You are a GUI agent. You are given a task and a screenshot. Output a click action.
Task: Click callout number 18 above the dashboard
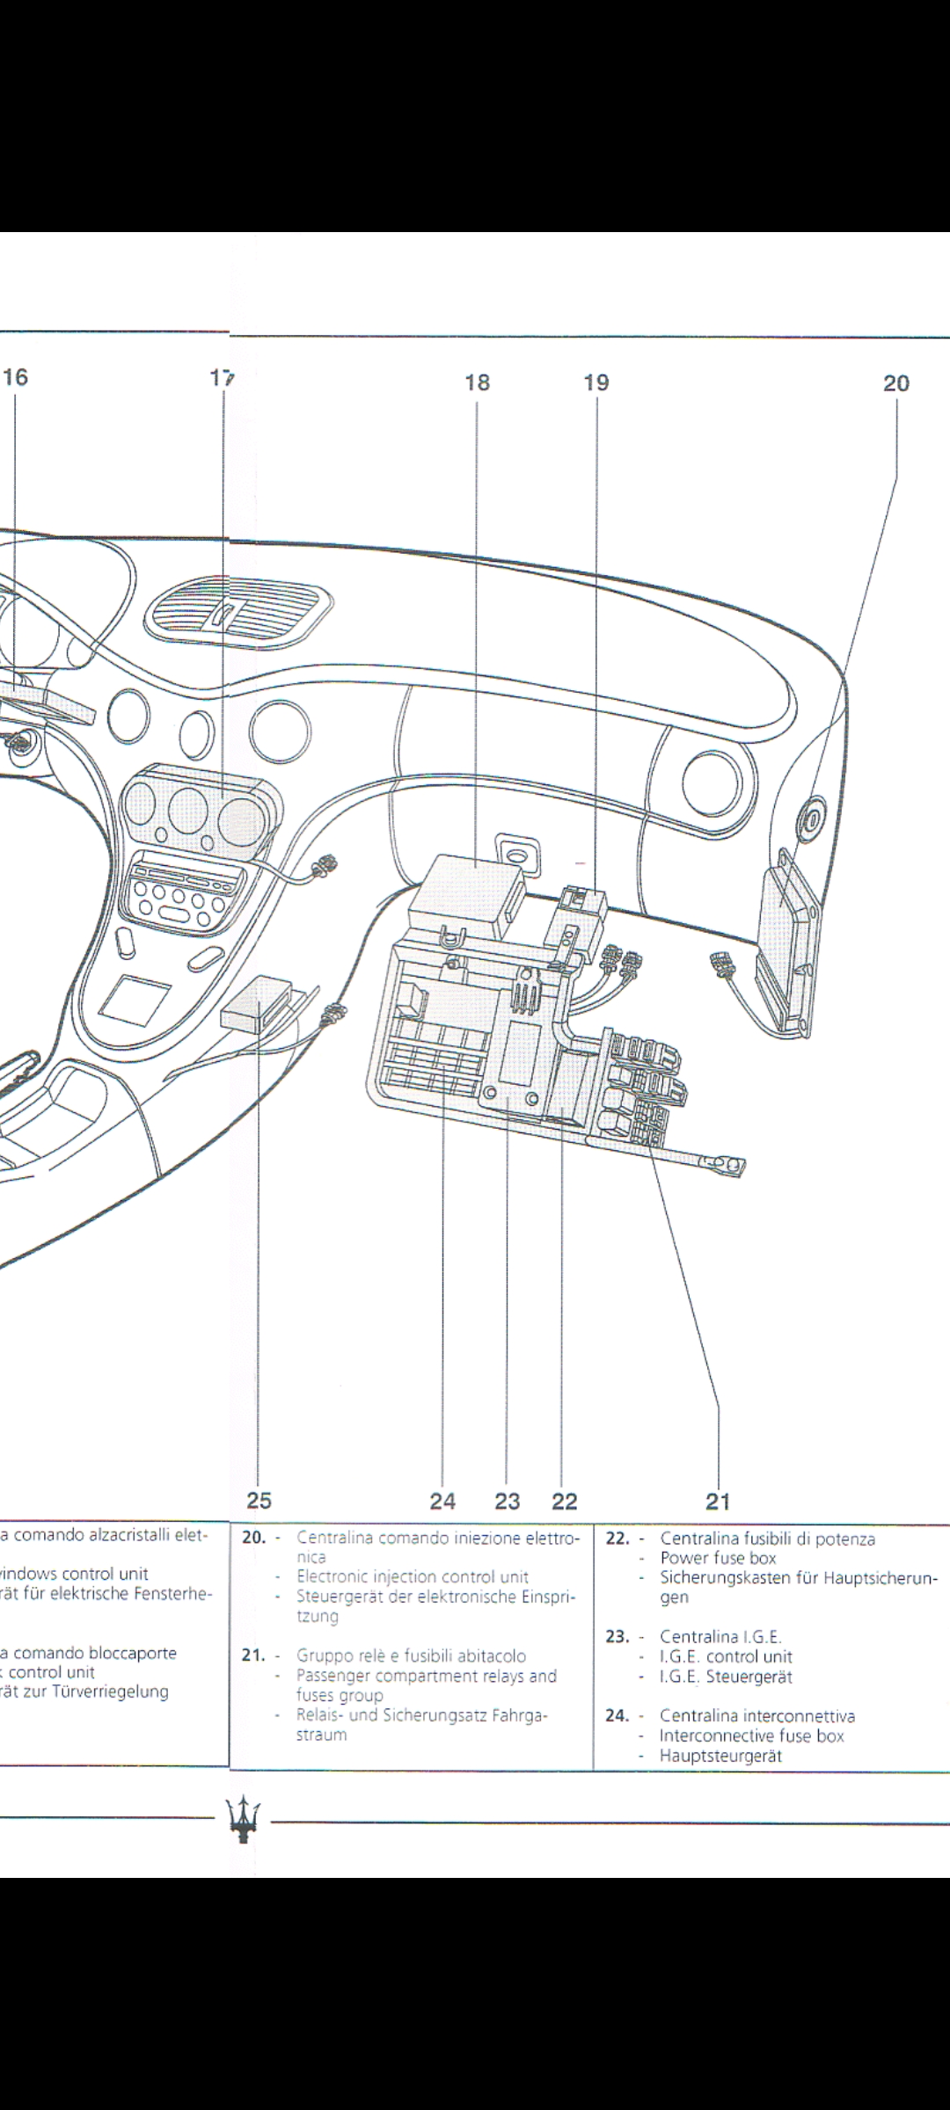(x=477, y=382)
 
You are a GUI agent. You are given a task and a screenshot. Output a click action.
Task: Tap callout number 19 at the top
(x=596, y=382)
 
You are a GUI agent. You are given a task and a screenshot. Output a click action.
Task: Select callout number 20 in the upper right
(x=896, y=383)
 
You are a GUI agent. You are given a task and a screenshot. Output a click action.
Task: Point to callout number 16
(x=15, y=377)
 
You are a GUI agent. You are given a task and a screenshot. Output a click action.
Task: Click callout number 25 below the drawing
(x=259, y=1500)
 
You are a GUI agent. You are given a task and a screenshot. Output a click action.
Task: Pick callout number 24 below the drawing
(x=442, y=1501)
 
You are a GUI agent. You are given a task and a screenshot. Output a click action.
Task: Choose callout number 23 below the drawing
(x=508, y=1501)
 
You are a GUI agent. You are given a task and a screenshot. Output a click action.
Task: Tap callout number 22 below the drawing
(x=564, y=1501)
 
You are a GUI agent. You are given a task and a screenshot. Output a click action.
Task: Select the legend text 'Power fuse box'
(x=718, y=1558)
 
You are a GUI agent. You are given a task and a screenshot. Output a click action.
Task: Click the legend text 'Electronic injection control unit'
(x=413, y=1576)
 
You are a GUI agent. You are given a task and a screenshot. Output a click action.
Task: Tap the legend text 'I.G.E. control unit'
(x=726, y=1656)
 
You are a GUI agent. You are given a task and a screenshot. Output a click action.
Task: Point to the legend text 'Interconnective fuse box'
(x=751, y=1735)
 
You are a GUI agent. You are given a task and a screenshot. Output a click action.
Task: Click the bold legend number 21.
(x=253, y=1655)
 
